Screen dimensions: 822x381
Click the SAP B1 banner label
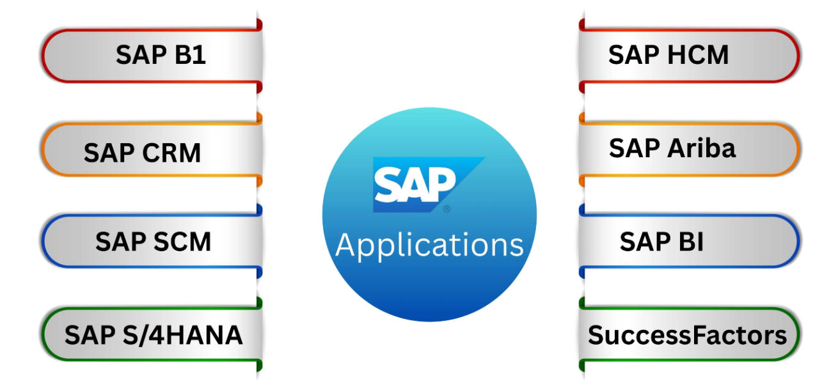coord(161,55)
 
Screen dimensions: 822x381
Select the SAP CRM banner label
coord(143,153)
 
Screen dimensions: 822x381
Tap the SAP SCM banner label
coord(153,242)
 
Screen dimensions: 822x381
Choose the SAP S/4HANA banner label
coord(154,335)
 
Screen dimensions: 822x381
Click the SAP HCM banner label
coord(668,55)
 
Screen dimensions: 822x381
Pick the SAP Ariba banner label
coord(672,148)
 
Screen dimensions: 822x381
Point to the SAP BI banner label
coord(661,242)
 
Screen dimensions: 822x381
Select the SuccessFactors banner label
coord(687,335)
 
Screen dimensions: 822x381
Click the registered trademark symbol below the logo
coord(447,209)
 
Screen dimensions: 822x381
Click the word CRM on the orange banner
coord(171,153)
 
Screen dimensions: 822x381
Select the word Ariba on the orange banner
coord(702,148)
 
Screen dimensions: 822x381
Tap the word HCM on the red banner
coord(698,55)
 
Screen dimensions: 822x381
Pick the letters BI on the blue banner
coord(692,242)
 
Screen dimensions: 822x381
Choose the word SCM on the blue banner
coord(182,242)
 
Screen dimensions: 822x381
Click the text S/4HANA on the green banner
coord(182,335)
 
